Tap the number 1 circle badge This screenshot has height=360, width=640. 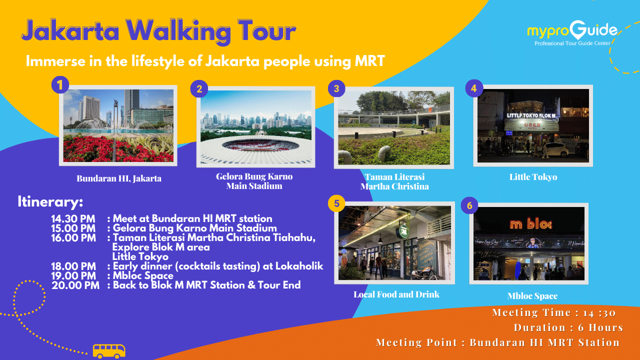(x=60, y=85)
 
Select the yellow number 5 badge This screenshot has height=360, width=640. (x=336, y=203)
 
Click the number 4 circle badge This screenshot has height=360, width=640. (x=474, y=88)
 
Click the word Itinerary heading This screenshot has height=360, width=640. (x=50, y=202)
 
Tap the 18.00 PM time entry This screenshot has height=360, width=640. (x=73, y=266)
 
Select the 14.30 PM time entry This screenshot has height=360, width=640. (x=73, y=219)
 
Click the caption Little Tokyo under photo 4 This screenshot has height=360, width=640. (x=533, y=177)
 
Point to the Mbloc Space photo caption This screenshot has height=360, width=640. (x=532, y=296)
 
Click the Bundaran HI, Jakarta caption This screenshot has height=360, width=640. (x=119, y=178)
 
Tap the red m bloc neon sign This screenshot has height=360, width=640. (x=531, y=224)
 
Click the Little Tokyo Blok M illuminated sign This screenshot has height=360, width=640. (x=531, y=115)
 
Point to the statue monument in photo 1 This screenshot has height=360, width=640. (x=115, y=114)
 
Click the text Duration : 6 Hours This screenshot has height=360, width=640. (x=568, y=327)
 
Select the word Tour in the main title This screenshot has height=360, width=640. (x=266, y=31)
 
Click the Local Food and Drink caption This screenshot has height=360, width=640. (x=396, y=294)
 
